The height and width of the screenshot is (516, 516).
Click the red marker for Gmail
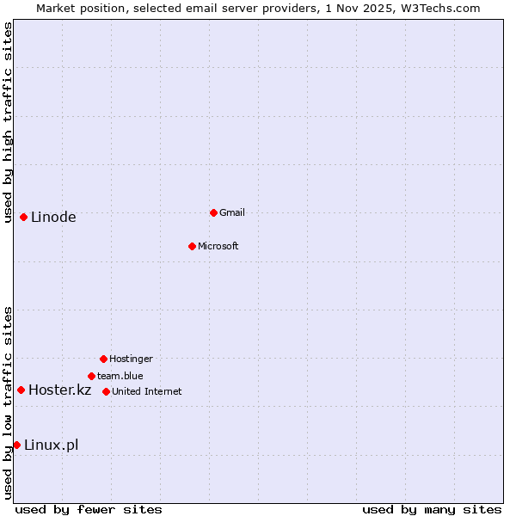click(x=213, y=212)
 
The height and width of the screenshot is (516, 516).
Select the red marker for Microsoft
click(x=192, y=246)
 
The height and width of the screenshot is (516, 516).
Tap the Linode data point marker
click(x=23, y=217)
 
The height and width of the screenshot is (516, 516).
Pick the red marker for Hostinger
click(x=103, y=359)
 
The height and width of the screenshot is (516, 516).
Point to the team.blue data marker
click(x=91, y=376)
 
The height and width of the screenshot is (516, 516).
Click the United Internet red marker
click(x=106, y=391)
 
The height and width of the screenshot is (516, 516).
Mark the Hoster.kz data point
click(x=21, y=390)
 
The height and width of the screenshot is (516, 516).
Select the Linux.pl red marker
click(x=16, y=445)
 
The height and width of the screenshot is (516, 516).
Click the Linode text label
click(x=53, y=217)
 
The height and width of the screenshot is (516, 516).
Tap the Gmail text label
click(x=232, y=212)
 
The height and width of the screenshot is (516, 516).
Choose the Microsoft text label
click(x=218, y=246)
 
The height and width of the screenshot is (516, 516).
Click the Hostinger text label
click(x=131, y=359)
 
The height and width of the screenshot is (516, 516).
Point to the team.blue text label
click(x=120, y=376)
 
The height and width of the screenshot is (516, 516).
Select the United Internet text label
click(x=146, y=391)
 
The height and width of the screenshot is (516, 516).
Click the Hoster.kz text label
click(x=59, y=390)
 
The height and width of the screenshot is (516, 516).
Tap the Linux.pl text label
click(x=51, y=445)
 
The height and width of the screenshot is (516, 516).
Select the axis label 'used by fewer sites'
click(x=89, y=509)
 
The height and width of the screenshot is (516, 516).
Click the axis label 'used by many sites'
click(x=432, y=509)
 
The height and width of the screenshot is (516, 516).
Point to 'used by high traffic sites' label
click(x=8, y=122)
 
